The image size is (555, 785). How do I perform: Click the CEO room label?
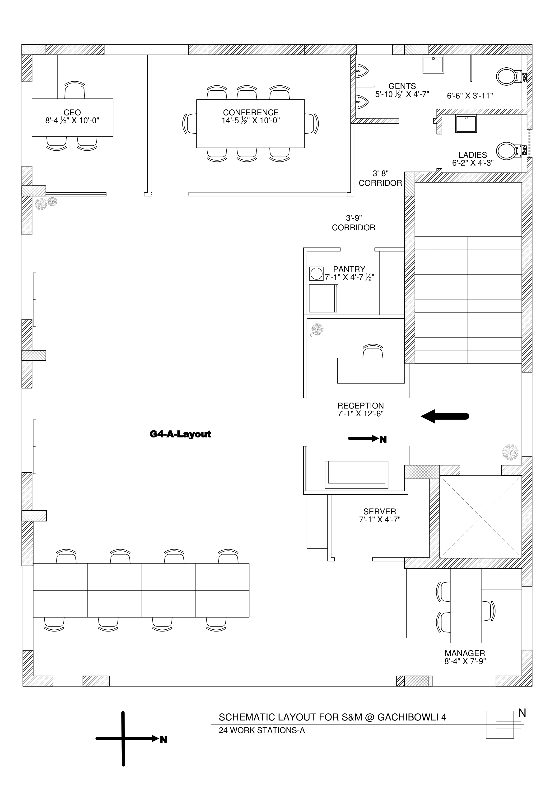72,112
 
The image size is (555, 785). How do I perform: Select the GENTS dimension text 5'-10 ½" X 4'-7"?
402,94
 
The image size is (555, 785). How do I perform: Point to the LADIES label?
473,155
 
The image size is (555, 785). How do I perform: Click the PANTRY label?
349,269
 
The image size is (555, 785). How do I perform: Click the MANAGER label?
465,653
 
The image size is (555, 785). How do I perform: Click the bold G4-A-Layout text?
180,434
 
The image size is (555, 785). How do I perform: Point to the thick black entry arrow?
445,416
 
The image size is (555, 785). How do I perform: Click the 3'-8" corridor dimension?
381,174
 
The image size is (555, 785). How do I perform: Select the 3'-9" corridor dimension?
354,218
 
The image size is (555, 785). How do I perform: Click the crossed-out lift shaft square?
480,516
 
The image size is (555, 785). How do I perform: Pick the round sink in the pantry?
316,274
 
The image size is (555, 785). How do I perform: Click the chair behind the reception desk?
373,351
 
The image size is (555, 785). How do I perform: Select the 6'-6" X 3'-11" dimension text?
470,96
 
